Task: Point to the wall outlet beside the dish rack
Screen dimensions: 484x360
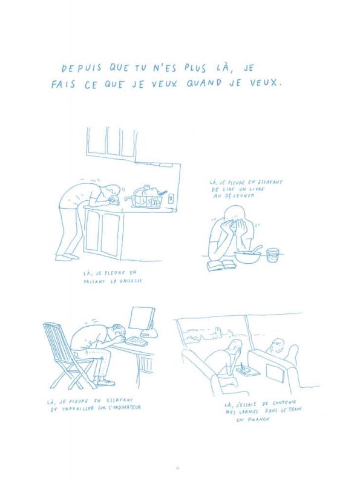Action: (172, 198)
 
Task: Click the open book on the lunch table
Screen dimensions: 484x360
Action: (221, 264)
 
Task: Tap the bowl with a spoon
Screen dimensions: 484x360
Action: (247, 255)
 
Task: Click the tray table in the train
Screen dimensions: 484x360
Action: (247, 370)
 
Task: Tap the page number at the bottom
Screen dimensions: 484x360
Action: (180, 467)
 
